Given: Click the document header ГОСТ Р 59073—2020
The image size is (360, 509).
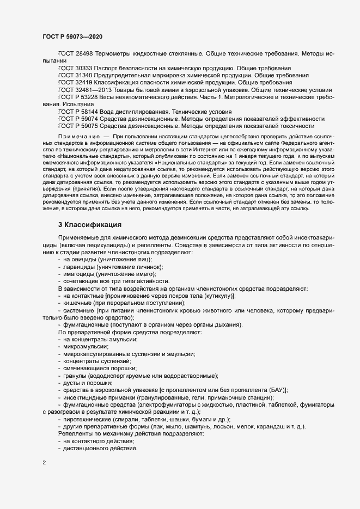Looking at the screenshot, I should click(x=72, y=36).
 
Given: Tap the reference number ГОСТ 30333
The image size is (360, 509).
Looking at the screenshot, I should click(x=75, y=69).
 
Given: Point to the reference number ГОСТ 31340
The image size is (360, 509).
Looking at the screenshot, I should click(x=75, y=76).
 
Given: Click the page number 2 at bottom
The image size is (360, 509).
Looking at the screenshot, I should click(x=44, y=464).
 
